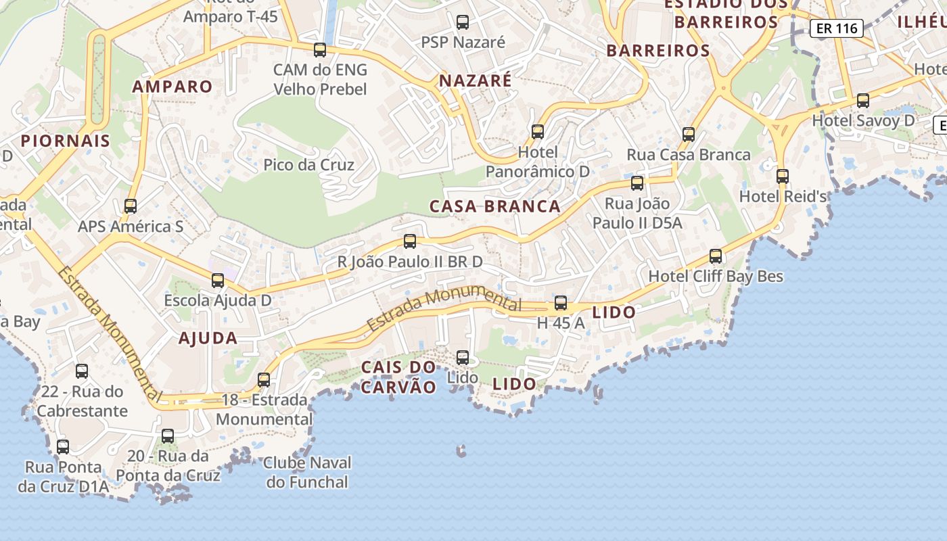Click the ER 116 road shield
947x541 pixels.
tap(837, 28)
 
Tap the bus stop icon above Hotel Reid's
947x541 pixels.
tap(783, 177)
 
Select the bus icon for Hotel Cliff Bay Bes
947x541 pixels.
tap(716, 256)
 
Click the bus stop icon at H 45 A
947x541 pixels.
tap(560, 303)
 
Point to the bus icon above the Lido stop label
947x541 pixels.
tap(463, 357)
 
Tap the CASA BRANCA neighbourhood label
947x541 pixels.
tap(495, 206)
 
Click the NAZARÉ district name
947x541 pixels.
tap(476, 81)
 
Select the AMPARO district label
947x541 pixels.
tap(172, 87)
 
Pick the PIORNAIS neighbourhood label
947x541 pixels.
tap(65, 141)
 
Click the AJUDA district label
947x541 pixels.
tap(208, 338)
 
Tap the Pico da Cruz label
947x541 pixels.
tap(308, 164)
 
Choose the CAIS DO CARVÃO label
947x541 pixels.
tap(398, 377)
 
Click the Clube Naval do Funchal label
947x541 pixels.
tap(307, 473)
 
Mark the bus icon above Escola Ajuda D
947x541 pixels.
tap(218, 280)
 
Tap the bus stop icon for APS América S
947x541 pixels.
tap(131, 206)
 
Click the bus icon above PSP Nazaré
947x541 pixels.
tap(463, 22)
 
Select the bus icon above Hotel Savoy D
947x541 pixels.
tap(863, 101)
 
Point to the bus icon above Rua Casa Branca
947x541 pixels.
tap(689, 134)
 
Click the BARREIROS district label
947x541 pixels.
tap(658, 51)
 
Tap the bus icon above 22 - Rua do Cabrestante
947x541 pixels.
tap(82, 371)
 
